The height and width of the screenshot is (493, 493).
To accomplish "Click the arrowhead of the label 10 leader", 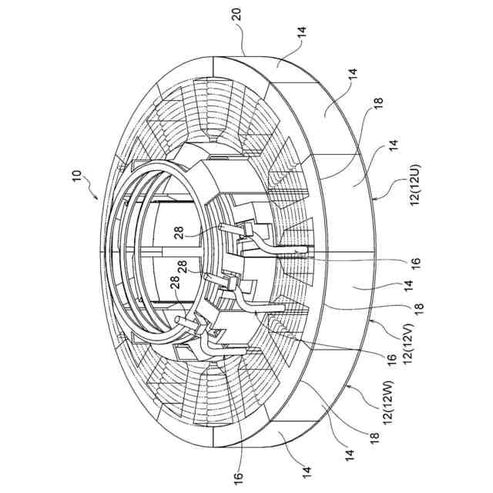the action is (99, 198).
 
